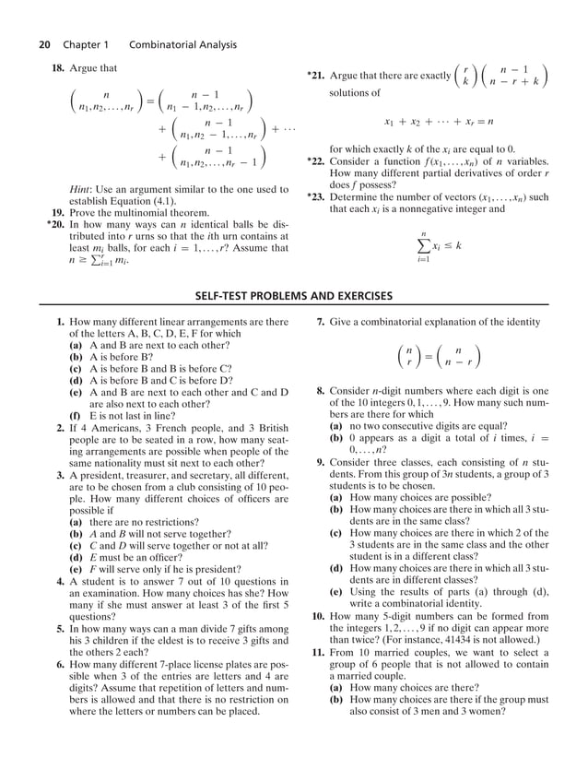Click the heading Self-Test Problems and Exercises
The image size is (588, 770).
293,296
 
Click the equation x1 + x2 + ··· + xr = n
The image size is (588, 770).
439,121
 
